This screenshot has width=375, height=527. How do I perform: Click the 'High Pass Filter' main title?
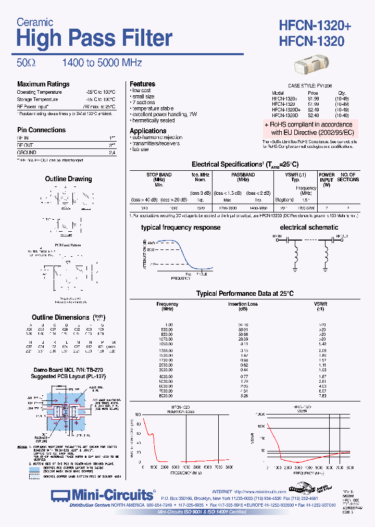(x=94, y=39)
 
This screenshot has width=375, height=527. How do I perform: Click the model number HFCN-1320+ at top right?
(x=312, y=25)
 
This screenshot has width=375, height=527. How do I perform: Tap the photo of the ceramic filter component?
(x=311, y=66)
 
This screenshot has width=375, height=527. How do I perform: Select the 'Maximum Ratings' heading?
(x=43, y=84)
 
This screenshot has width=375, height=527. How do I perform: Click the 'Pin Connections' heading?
(x=41, y=130)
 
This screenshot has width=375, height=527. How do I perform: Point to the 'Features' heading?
(x=142, y=84)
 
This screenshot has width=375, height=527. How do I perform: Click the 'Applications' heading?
(x=148, y=131)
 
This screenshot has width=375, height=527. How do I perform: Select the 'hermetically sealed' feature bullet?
(x=153, y=120)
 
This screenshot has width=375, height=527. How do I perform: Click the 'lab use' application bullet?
(x=140, y=149)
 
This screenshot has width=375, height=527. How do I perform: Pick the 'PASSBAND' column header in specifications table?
(x=243, y=175)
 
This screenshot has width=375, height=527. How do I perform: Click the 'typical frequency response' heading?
(x=181, y=228)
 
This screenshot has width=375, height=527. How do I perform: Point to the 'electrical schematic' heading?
(x=309, y=228)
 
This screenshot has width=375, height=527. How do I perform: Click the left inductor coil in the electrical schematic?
(x=299, y=255)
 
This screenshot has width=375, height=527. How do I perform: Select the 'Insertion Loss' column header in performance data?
(x=243, y=304)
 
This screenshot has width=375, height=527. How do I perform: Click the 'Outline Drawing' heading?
(x=68, y=179)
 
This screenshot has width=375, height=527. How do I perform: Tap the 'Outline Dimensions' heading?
(x=60, y=317)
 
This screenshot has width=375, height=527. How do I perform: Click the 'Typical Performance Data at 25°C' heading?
(x=245, y=294)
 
